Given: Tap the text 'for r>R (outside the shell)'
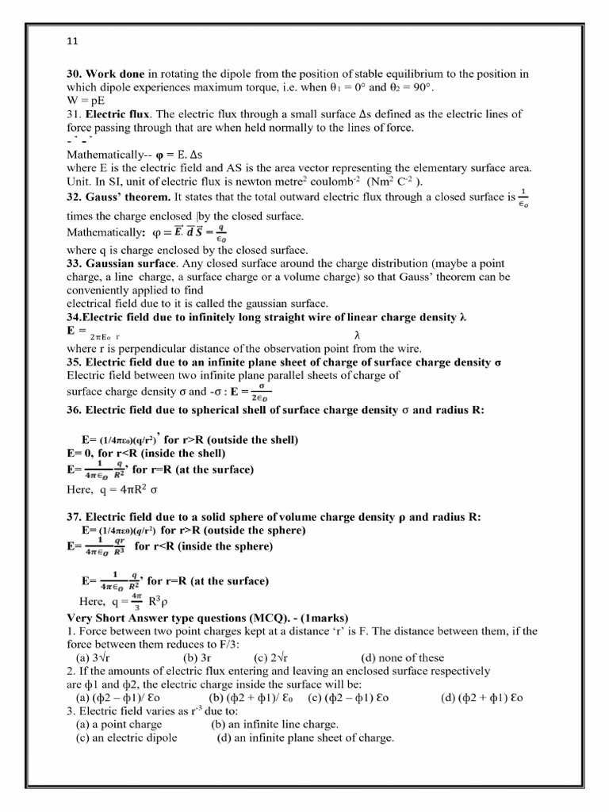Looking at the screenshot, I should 231,439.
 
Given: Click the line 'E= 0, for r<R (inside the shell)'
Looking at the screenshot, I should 146,453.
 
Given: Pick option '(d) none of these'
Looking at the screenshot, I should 403,657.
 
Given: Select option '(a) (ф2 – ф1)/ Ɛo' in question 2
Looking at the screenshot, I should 118,697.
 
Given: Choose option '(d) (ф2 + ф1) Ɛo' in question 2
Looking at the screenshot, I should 482,697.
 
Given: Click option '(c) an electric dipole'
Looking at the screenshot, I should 126,737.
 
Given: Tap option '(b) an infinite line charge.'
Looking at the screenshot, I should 274,724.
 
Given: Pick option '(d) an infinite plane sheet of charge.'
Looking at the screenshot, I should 305,737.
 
